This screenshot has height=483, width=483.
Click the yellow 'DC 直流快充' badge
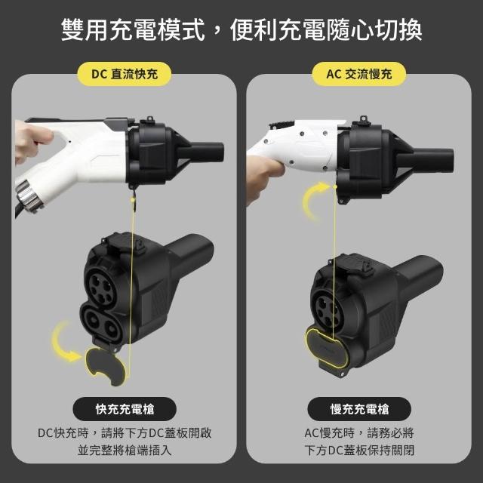pos(124,74)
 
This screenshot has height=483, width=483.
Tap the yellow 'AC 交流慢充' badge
pos(359,74)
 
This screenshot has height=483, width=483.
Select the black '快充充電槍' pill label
pos(125,409)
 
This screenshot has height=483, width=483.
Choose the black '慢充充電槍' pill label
pos(359,409)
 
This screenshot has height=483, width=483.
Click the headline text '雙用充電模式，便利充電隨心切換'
pos(241,30)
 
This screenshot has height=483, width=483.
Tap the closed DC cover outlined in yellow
pos(327,346)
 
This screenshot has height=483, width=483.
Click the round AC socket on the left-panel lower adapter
pos(101,287)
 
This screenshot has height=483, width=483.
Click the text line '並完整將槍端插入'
pos(125,451)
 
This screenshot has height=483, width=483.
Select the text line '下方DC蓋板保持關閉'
pos(359,451)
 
